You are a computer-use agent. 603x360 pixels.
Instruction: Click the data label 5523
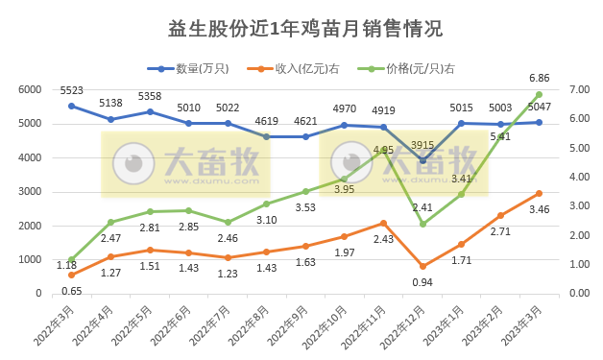(x=71, y=90)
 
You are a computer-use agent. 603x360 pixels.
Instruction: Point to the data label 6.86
(x=540, y=78)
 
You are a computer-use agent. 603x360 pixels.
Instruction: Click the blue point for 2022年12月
(x=422, y=160)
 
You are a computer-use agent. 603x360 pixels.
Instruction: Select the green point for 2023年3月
(x=540, y=94)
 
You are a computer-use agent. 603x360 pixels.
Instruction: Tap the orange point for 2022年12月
(x=422, y=266)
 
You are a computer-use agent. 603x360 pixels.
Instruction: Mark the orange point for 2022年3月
(x=71, y=275)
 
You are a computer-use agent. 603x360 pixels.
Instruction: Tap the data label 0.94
(x=422, y=282)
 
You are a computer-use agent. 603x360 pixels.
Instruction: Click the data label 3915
(x=422, y=145)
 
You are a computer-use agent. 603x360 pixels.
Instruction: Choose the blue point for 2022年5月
(x=150, y=111)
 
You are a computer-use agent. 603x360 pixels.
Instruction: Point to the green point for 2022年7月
(x=228, y=222)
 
